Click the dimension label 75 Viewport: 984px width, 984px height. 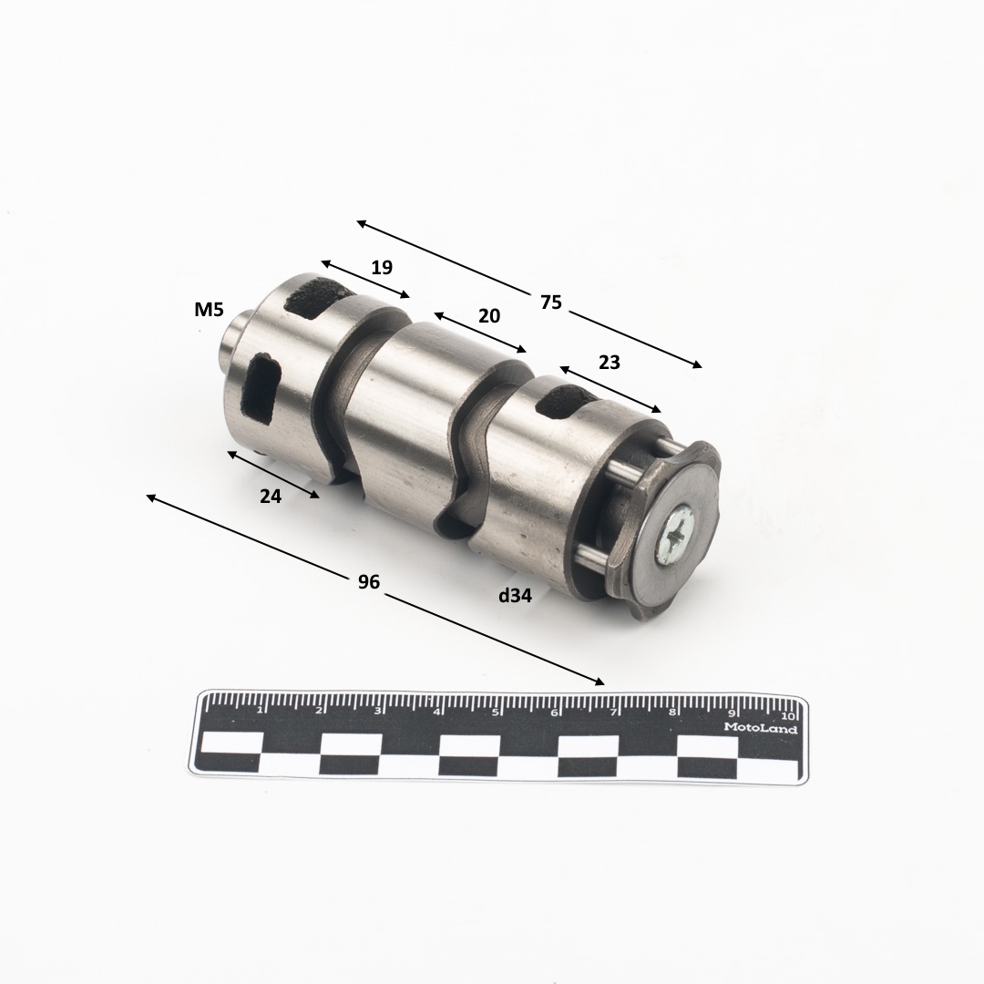(x=551, y=302)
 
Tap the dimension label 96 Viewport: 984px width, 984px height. (x=368, y=581)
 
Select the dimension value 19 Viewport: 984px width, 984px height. (x=382, y=267)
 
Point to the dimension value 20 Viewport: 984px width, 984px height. (x=489, y=315)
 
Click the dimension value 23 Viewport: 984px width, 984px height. (x=609, y=362)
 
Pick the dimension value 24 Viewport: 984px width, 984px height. (x=271, y=496)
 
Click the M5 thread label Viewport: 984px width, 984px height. (x=209, y=310)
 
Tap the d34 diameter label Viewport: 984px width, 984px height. (x=515, y=596)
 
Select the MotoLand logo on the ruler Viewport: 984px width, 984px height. (x=761, y=729)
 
